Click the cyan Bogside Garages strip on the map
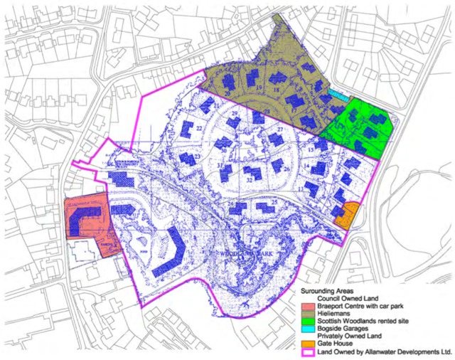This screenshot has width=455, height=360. [x=340, y=94]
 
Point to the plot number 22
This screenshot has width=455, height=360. [x=200, y=129]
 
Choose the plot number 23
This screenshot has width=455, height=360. [x=198, y=157]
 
